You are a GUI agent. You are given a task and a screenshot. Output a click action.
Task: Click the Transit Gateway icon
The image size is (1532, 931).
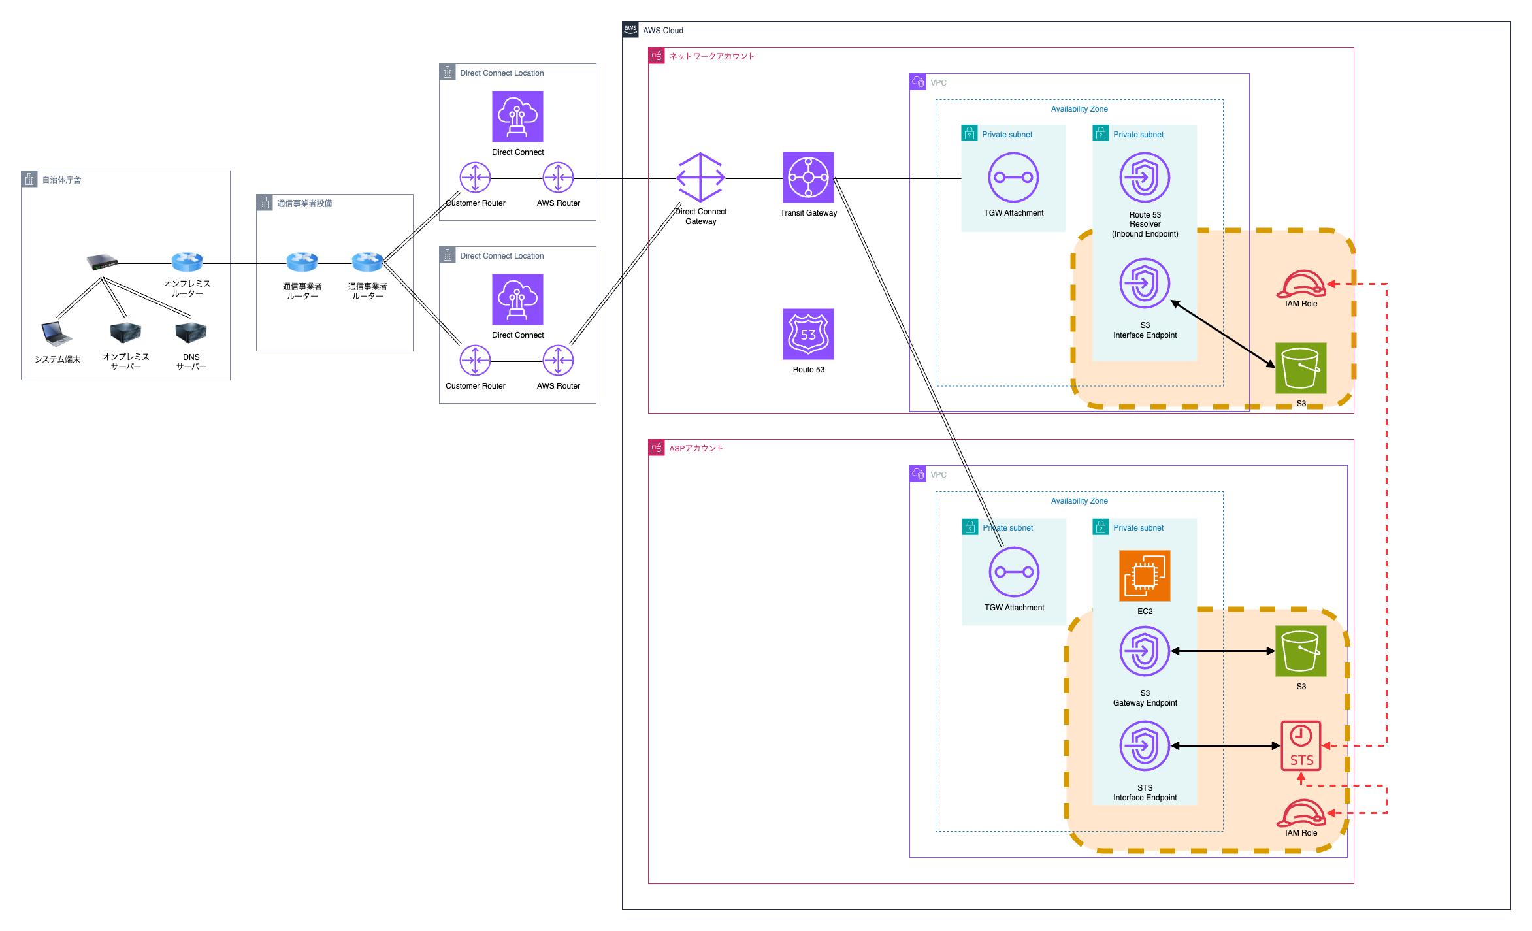tap(808, 177)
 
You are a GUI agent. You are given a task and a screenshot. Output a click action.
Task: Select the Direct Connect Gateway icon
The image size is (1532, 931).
tap(700, 177)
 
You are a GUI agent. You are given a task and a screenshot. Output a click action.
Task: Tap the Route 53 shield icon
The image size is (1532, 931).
tap(808, 334)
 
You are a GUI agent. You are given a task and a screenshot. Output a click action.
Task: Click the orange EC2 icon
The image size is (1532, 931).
tap(1145, 576)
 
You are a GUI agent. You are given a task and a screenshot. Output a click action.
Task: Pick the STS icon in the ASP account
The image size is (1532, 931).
tap(1301, 745)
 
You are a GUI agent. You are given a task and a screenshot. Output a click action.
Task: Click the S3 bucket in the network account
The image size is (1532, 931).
tap(1301, 368)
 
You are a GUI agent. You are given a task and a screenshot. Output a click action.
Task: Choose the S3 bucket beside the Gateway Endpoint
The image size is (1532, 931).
tap(1301, 651)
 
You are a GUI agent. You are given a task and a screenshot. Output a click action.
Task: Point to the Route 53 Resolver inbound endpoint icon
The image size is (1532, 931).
tap(1145, 177)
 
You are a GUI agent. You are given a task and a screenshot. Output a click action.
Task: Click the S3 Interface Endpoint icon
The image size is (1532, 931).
tap(1145, 283)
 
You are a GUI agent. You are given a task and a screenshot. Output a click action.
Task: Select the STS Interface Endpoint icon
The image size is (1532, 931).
tap(1145, 745)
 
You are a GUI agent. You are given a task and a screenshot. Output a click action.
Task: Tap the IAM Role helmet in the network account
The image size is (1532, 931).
tap(1301, 284)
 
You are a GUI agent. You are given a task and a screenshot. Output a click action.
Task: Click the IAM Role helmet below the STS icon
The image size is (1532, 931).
tap(1301, 813)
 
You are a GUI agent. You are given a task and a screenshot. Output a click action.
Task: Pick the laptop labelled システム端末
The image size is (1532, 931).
tap(57, 333)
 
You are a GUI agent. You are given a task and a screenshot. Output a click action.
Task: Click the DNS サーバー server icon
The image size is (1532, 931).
tap(191, 333)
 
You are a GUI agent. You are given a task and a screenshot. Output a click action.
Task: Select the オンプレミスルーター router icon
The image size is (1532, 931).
tap(187, 262)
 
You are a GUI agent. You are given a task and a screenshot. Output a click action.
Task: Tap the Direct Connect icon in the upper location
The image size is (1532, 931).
tap(517, 116)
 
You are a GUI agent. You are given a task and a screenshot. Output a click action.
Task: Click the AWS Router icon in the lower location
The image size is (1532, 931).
tap(558, 360)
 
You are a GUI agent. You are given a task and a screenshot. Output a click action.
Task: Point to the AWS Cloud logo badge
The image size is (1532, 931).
tap(630, 29)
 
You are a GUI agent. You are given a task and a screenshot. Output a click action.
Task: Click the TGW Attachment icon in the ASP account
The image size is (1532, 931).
tap(1014, 572)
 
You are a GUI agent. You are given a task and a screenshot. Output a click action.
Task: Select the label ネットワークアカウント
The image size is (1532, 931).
tap(711, 56)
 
